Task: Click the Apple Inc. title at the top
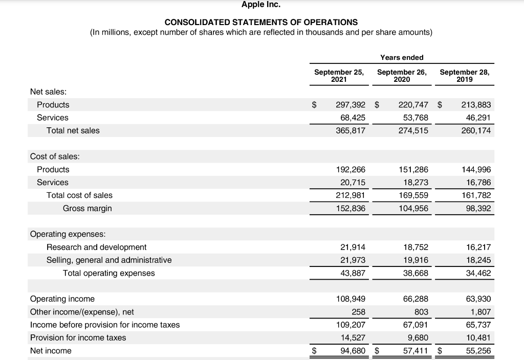click(x=261, y=5)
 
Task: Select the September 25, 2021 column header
click(x=339, y=76)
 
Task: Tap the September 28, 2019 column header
click(x=464, y=76)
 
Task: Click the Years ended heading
click(x=402, y=57)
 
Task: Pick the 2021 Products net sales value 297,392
click(x=351, y=105)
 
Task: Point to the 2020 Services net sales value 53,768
click(x=413, y=118)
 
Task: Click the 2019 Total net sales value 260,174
click(x=476, y=130)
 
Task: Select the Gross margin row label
click(x=87, y=208)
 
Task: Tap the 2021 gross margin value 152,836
click(x=351, y=208)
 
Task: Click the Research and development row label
click(x=96, y=247)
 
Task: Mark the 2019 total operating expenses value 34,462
click(x=478, y=273)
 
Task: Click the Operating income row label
click(x=62, y=299)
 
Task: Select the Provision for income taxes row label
click(x=78, y=337)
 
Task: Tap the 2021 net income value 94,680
click(x=353, y=351)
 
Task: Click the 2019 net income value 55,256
click(x=478, y=351)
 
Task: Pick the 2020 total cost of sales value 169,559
click(x=413, y=195)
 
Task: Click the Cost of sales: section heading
click(x=55, y=156)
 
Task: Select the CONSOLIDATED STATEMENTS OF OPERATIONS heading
click(x=261, y=22)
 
